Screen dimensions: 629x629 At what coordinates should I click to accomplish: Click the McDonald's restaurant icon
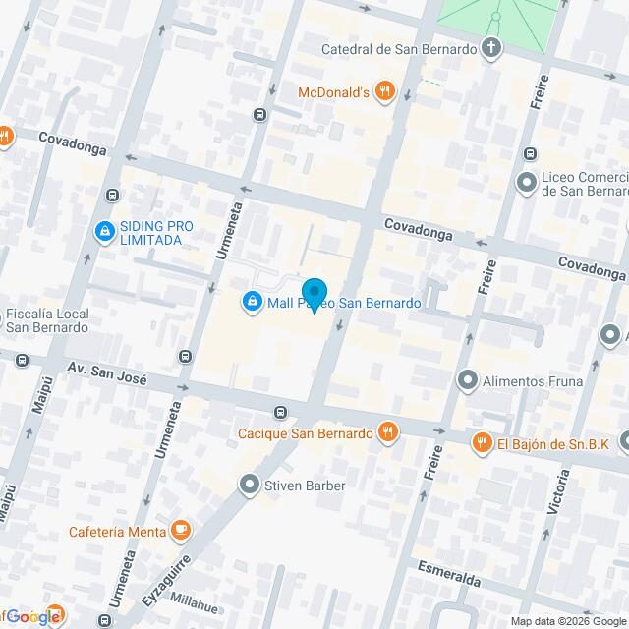coord(384,93)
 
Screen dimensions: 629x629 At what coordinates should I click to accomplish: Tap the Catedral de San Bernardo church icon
coord(490,48)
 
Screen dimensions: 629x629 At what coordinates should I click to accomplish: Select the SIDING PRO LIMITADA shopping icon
coord(103,232)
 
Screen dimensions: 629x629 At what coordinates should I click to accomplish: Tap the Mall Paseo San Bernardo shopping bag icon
coord(253,301)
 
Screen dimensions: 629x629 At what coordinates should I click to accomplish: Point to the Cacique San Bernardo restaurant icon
coord(389,432)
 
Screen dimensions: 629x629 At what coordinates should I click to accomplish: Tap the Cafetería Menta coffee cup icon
coord(179,532)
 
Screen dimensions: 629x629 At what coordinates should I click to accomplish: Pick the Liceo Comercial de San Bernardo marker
coord(527,182)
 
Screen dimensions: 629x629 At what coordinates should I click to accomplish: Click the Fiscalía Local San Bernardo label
coord(47,320)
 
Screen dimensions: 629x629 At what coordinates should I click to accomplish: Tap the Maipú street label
coord(39,390)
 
